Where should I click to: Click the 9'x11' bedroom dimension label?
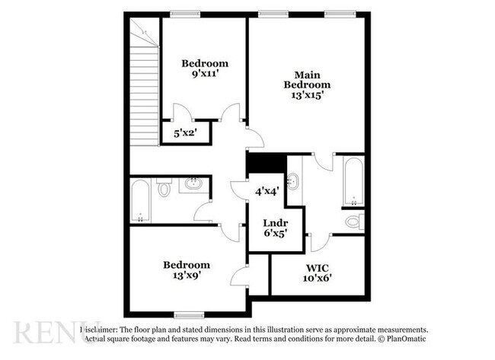tap(203, 75)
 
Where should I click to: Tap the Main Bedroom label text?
tap(307, 80)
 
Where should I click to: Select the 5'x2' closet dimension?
tap(184, 133)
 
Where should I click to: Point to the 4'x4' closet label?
tap(267, 192)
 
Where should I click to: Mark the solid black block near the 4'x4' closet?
tap(266, 164)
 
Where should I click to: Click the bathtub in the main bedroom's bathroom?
tap(353, 182)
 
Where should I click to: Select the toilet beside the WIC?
tap(354, 221)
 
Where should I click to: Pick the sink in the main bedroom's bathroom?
tap(294, 183)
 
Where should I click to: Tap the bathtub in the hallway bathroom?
tap(140, 200)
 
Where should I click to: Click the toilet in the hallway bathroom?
tap(164, 188)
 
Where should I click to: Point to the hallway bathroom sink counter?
tap(193, 184)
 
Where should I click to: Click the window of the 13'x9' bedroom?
tap(189, 314)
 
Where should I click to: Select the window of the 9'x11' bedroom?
tap(185, 13)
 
